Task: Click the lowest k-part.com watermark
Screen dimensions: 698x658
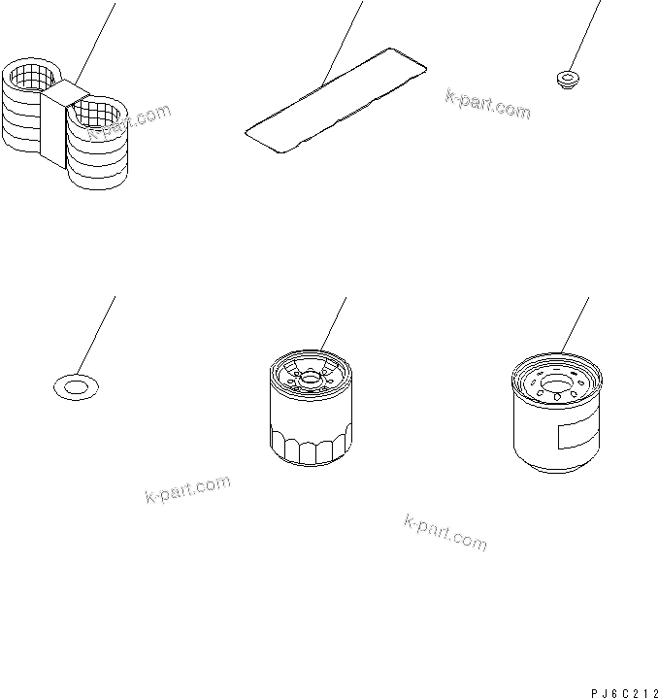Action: click(x=444, y=532)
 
